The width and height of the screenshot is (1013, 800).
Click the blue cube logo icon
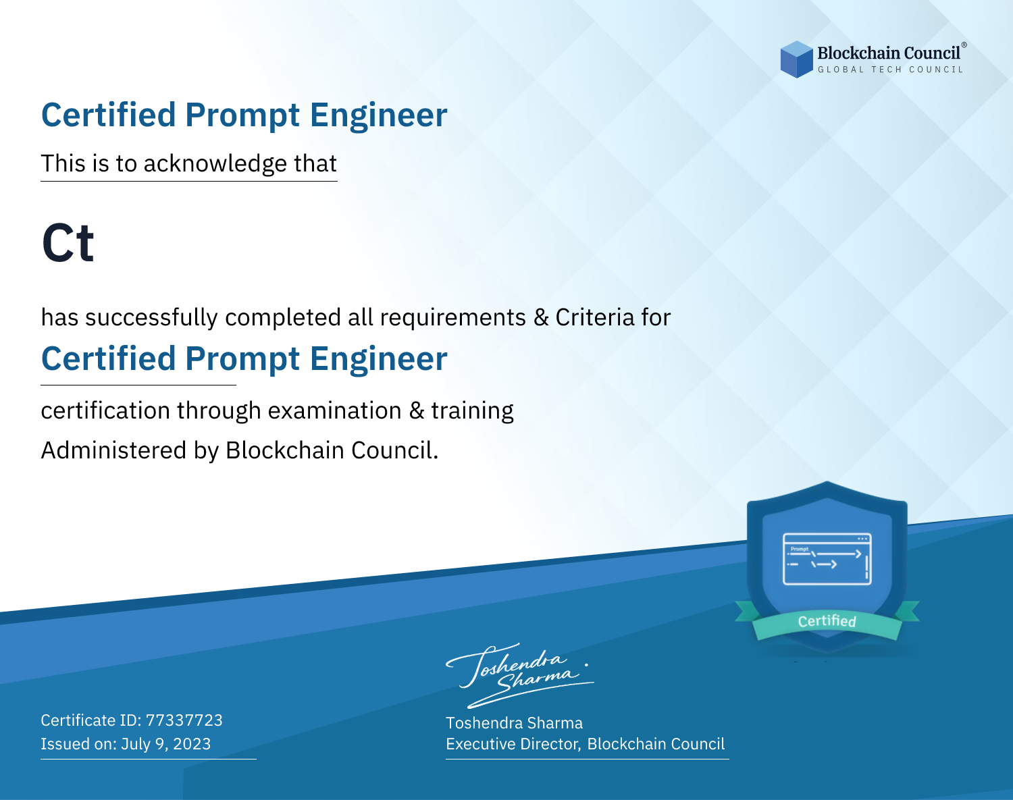point(796,59)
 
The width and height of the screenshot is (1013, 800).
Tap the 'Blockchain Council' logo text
point(888,53)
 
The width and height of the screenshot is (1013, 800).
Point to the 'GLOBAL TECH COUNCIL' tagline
point(890,70)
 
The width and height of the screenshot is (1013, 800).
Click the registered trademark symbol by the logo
point(964,45)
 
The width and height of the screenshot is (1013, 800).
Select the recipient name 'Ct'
point(68,242)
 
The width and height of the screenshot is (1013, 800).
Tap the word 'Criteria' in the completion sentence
point(594,317)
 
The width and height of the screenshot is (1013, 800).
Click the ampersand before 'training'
point(416,410)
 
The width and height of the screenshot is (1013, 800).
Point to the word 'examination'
point(334,410)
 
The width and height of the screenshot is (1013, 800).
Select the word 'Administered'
point(113,450)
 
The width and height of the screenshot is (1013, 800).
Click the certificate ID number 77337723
point(184,720)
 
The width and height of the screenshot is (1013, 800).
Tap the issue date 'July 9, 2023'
point(165,744)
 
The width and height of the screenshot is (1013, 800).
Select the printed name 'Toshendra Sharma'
point(514,723)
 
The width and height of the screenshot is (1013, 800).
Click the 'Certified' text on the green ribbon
point(827,621)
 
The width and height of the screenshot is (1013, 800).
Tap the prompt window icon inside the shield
point(827,559)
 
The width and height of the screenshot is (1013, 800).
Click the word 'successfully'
point(151,318)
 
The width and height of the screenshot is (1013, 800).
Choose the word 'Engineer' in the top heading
point(378,115)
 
